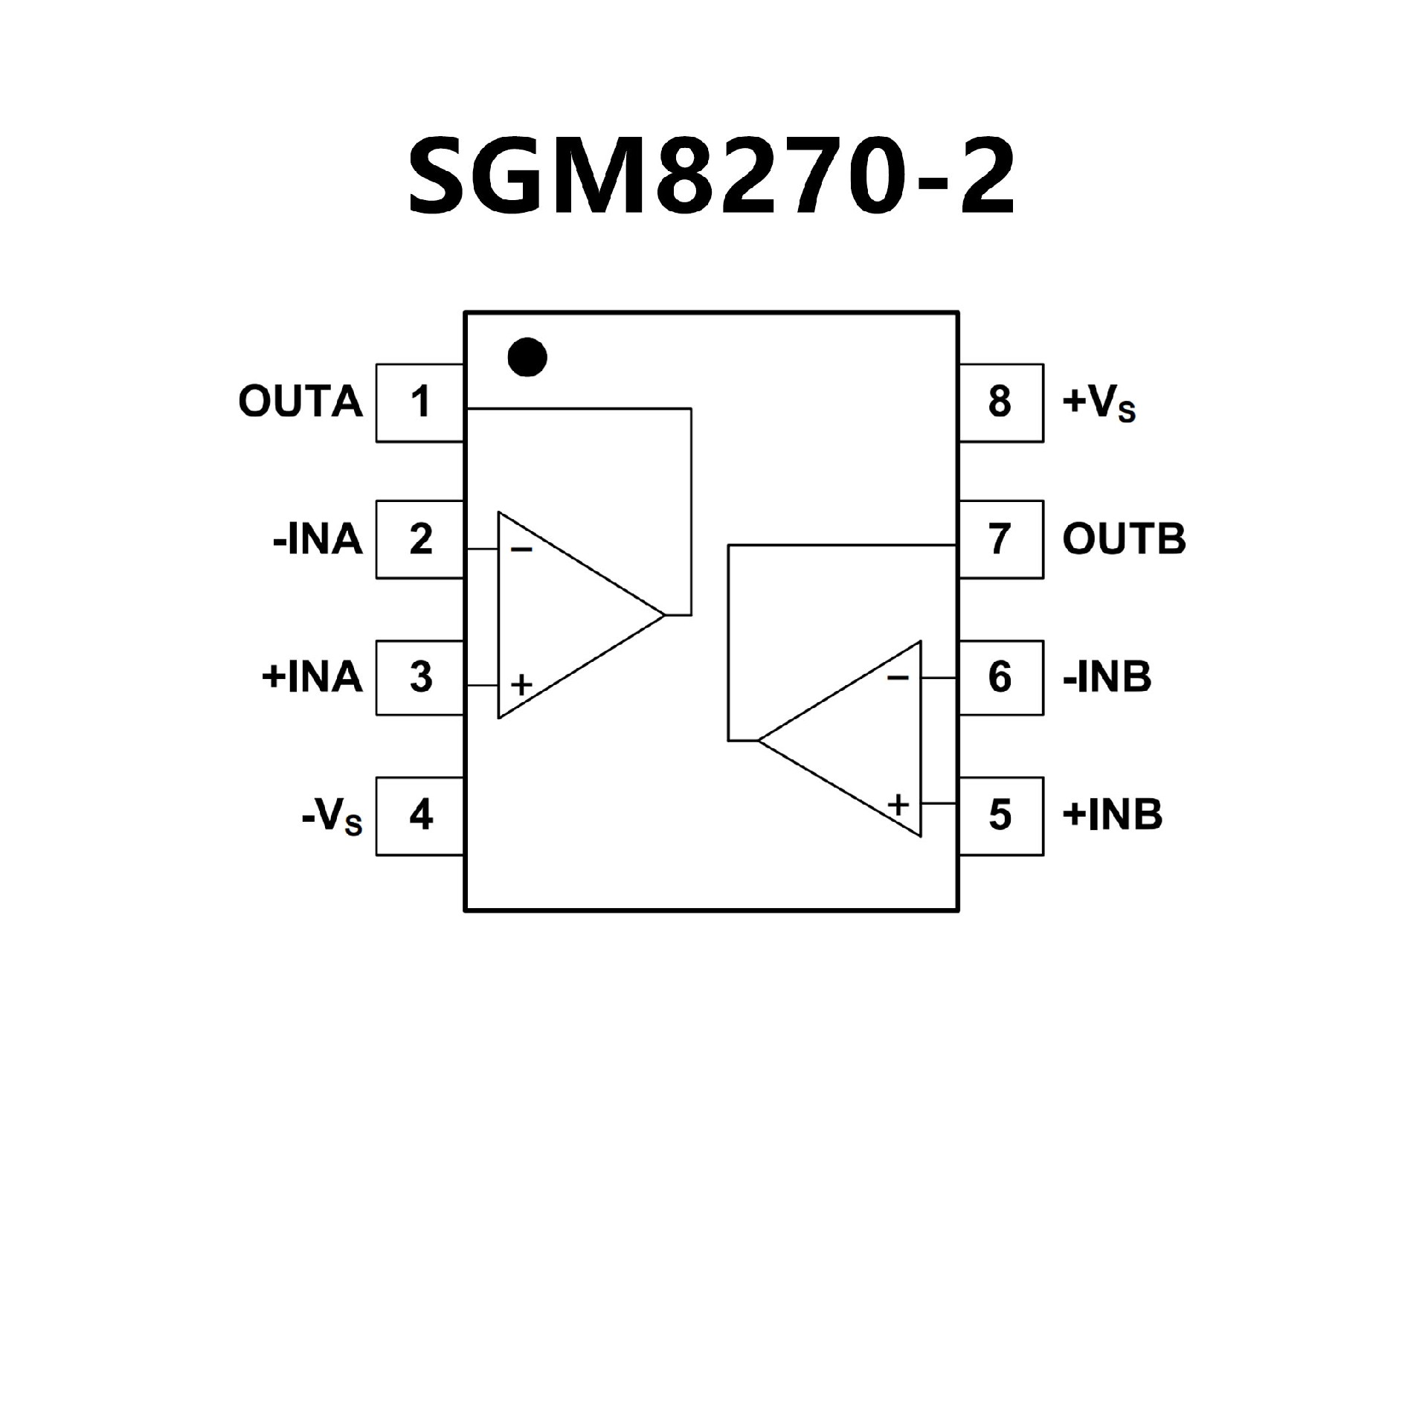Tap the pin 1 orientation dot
coord(527,357)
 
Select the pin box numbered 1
coord(420,402)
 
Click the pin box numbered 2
coord(420,539)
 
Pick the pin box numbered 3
coord(420,677)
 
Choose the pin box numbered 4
coord(420,815)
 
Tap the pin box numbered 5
coord(1000,815)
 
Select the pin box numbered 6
coord(1000,677)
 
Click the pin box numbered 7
coord(1000,539)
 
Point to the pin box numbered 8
coord(1000,402)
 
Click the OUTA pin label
coord(300,402)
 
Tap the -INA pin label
coord(318,540)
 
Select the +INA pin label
coord(312,678)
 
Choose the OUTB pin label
coord(1124,539)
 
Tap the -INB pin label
coord(1107,678)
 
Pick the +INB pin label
coord(1113,815)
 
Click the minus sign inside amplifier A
coord(522,550)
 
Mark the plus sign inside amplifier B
coord(898,804)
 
